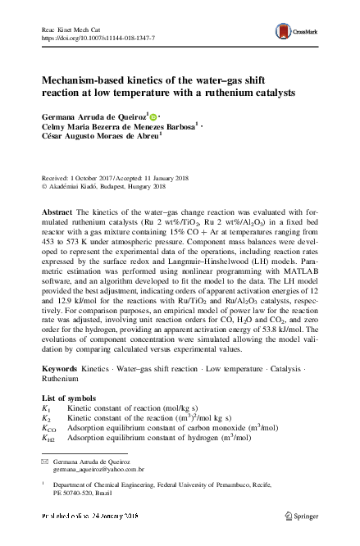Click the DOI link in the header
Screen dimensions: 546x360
pos(98,38)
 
